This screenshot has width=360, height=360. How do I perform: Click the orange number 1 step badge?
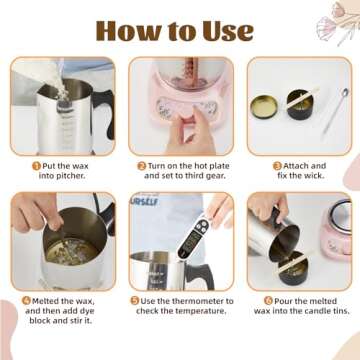pos(36,166)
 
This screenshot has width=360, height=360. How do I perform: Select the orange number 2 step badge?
pos(142,166)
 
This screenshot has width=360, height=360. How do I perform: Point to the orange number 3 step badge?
pos(277,166)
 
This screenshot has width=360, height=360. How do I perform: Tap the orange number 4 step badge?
pos(26,301)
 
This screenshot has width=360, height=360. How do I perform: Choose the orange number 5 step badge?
pos(135,301)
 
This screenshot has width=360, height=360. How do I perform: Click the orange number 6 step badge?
pos(268,301)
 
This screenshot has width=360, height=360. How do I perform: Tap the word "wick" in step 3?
pos(313,176)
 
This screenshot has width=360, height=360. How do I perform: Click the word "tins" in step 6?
pos(340,311)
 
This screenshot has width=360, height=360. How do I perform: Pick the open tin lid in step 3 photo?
pos(264,107)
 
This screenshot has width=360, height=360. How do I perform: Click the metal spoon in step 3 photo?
pos(335,111)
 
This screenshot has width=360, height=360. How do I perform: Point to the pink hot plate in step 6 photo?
pos(336,230)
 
